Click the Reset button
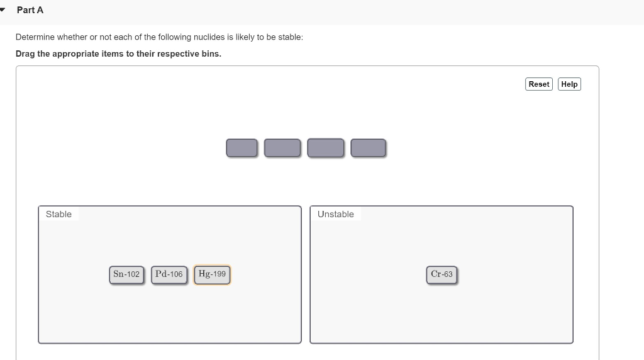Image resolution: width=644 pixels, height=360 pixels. point(539,84)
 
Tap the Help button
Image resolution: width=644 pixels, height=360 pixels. point(569,84)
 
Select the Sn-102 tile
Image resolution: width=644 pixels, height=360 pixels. point(126,274)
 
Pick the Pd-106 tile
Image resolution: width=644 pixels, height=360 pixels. point(169,274)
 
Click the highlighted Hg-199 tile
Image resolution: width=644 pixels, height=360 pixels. point(212,274)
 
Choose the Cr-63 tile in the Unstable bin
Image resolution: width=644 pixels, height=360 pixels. point(441,274)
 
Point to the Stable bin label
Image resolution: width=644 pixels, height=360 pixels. point(58,215)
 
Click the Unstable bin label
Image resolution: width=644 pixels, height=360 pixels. point(335,215)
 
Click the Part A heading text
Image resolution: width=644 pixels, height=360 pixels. point(30,10)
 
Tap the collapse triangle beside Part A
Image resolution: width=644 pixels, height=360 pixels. point(4,10)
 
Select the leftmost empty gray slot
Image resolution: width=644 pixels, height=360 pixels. point(241,148)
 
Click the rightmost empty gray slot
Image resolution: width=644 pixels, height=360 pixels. point(368,148)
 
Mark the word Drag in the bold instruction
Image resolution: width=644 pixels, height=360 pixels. point(26,53)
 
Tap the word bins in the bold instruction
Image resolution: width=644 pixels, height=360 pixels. point(211,53)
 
